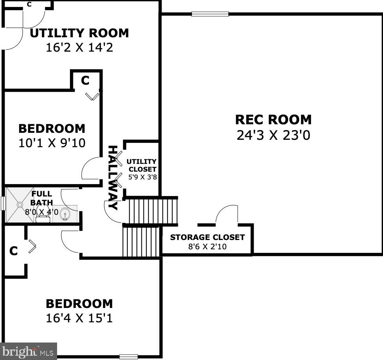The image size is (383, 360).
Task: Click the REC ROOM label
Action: (x=273, y=119)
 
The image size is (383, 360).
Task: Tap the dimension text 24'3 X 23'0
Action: (x=273, y=136)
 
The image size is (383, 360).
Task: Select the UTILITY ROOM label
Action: (x=79, y=33)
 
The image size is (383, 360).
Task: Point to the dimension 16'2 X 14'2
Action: (x=79, y=48)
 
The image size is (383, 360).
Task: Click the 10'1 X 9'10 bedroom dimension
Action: (x=52, y=143)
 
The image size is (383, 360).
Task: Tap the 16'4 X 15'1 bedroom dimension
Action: (x=79, y=318)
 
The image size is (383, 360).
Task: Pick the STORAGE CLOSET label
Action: (x=207, y=237)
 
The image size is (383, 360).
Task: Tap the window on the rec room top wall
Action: (x=210, y=14)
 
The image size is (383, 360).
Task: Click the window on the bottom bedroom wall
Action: (x=129, y=357)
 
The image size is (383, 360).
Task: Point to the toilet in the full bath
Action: (x=43, y=213)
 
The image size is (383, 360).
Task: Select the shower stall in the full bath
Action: (x=18, y=205)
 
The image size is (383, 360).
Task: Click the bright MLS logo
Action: (x=28, y=351)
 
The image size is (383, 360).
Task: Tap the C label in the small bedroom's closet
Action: (x=85, y=80)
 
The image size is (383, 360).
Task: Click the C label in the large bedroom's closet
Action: (x=13, y=251)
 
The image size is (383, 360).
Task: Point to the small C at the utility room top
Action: (x=29, y=4)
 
